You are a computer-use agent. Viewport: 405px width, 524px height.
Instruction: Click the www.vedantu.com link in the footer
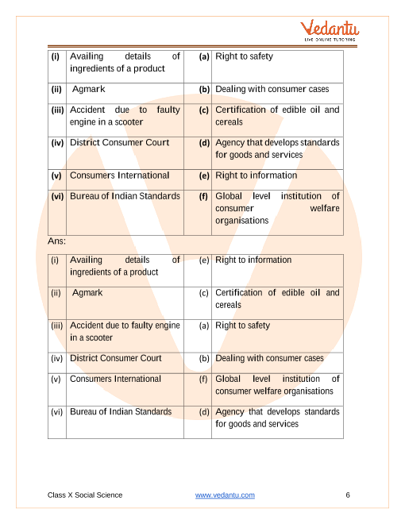coord(225,495)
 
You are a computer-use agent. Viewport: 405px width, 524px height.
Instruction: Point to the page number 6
coord(348,495)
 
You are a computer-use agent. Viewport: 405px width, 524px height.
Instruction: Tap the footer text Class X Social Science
coord(85,495)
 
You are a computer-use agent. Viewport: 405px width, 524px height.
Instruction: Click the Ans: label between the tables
coord(57,240)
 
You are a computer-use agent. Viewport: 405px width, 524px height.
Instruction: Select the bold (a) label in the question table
coord(204,57)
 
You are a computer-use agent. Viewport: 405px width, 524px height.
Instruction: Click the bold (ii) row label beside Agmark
coord(56,90)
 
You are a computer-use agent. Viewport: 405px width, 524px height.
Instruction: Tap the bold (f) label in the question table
coord(204,196)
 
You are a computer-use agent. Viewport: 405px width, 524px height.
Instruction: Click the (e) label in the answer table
coord(204,260)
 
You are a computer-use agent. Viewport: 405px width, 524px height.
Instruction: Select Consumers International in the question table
coord(119,175)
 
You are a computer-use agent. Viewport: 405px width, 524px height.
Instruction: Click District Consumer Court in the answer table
coord(116,358)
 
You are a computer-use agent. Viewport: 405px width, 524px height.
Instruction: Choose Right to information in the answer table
coord(253,260)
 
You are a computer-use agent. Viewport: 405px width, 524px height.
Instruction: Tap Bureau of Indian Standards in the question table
coord(125,196)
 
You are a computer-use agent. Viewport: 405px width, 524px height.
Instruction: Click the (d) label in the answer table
coord(204,412)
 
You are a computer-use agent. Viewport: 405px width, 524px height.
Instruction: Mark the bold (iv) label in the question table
coord(57,143)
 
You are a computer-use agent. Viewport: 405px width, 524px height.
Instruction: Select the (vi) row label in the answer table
coord(56,412)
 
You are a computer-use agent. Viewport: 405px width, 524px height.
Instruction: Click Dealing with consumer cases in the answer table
coord(269,358)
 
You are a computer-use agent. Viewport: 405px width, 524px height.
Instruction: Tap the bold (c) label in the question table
coord(204,110)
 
